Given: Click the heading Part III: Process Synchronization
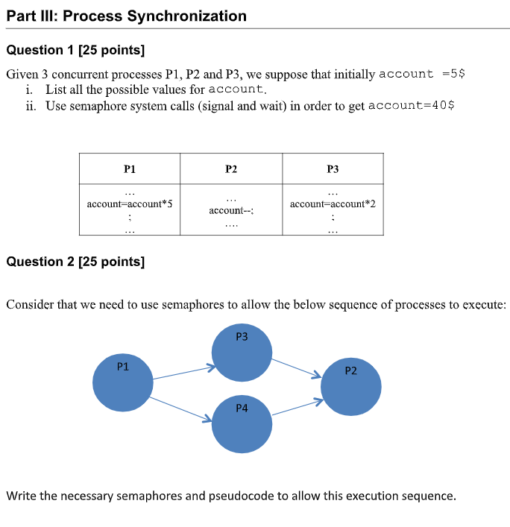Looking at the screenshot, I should [126, 16].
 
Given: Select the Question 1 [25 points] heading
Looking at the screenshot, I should [75, 50].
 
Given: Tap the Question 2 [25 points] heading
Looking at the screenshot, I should [75, 262].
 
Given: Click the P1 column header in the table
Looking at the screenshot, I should [129, 169].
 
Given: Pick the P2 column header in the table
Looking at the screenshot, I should [230, 169].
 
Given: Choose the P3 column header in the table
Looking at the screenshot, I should [333, 169].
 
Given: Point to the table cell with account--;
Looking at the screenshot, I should [230, 211].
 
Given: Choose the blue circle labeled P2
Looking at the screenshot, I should [351, 386].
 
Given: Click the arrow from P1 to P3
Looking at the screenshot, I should [183, 373].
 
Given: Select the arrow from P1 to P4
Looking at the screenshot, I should [183, 409].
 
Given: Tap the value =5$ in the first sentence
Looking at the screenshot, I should [454, 74].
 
